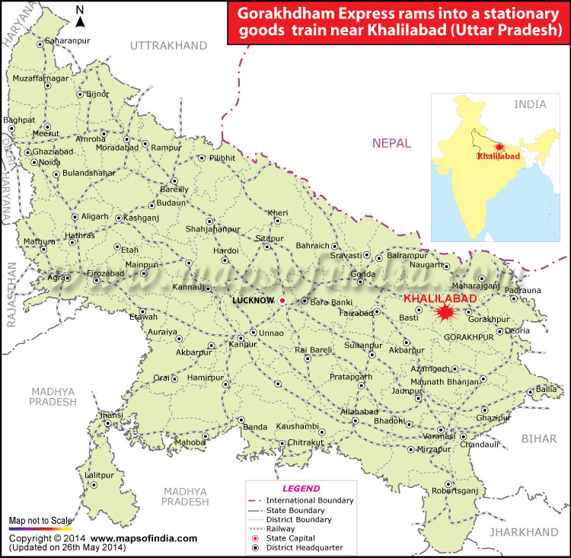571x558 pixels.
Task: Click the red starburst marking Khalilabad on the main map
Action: click(445, 313)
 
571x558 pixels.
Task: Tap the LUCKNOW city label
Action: click(253, 301)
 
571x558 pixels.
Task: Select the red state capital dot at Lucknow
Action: click(282, 301)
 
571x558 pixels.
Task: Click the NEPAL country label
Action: click(391, 143)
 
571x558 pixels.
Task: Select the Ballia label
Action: click(547, 389)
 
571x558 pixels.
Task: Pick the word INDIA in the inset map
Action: click(530, 104)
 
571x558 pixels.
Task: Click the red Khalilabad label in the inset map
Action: click(498, 156)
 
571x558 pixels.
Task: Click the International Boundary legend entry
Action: click(309, 500)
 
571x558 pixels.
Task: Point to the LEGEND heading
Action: click(301, 488)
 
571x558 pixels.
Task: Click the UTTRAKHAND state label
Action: click(168, 46)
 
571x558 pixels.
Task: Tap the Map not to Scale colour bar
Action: click(40, 528)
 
